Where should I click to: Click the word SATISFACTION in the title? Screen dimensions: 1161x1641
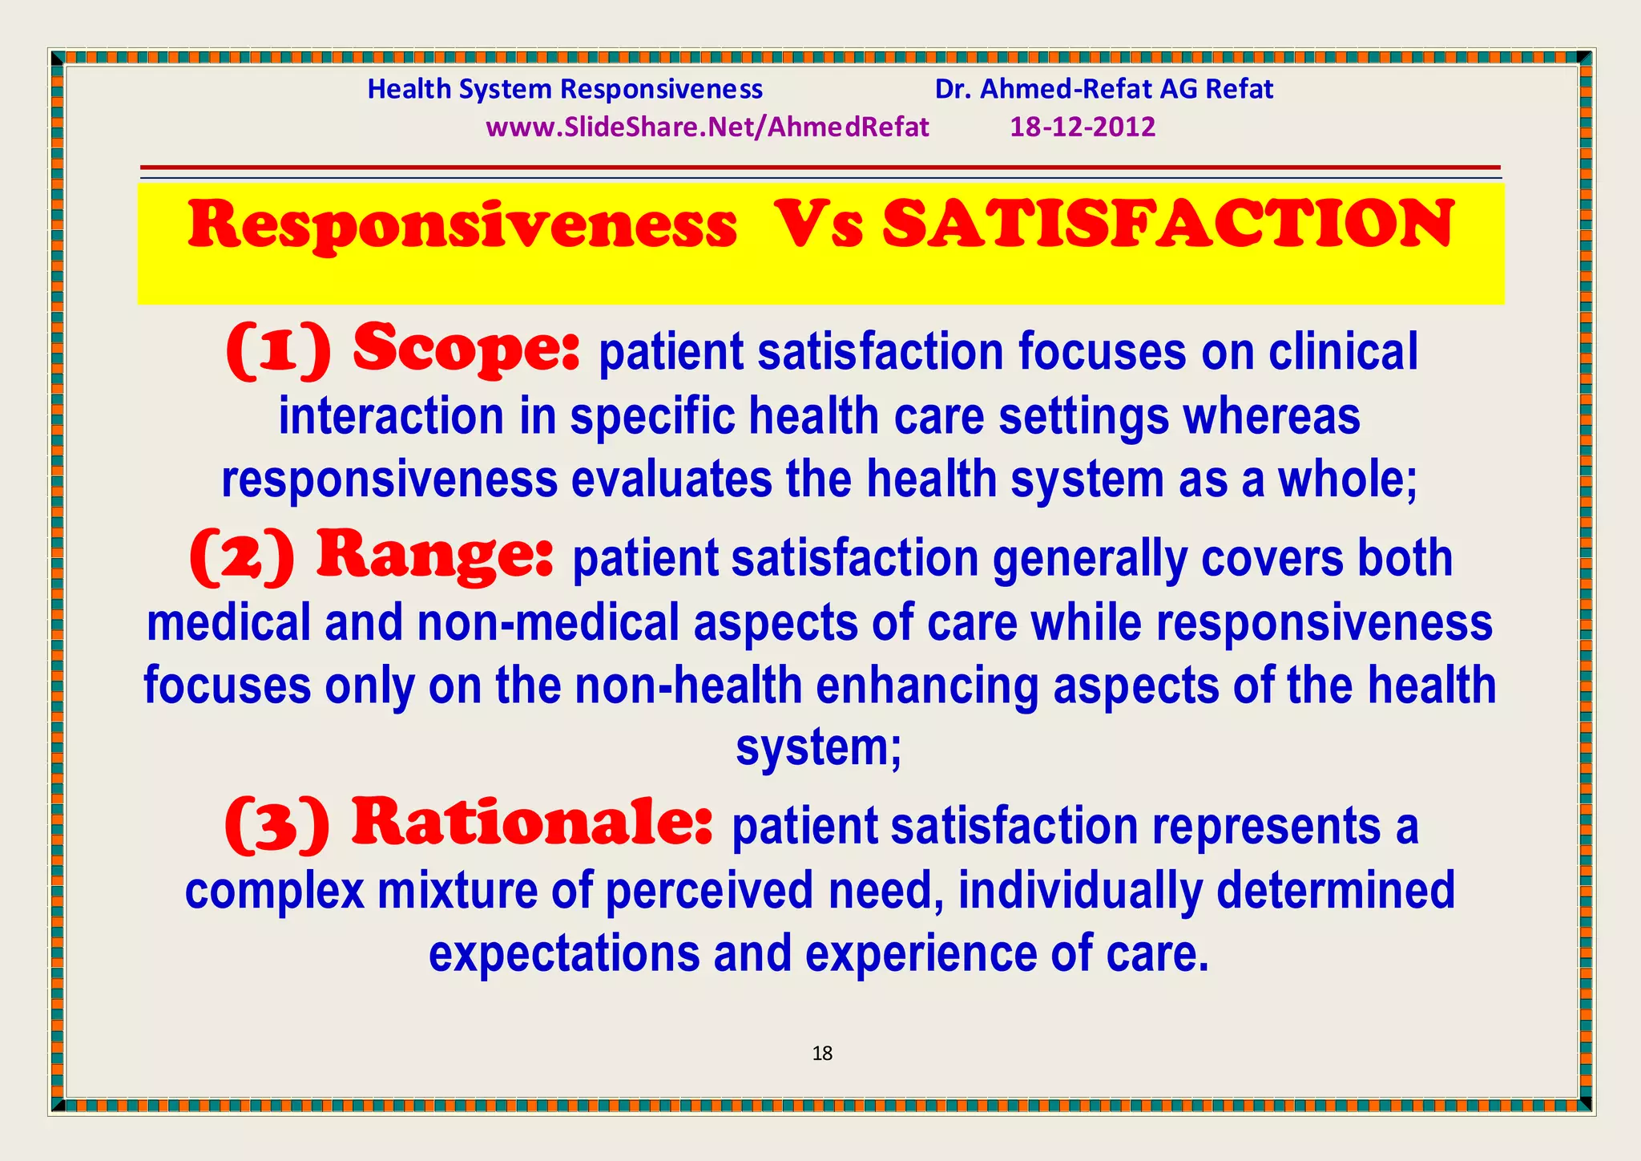pyautogui.click(x=1167, y=225)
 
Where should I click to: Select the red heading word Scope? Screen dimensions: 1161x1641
pyautogui.click(x=466, y=350)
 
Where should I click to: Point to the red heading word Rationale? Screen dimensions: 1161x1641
pyautogui.click(x=532, y=823)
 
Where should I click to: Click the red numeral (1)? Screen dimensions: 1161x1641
pyautogui.click(x=278, y=351)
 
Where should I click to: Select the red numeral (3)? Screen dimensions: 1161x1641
pyautogui.click(x=276, y=825)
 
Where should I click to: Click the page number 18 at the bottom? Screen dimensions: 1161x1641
pyautogui.click(x=822, y=1054)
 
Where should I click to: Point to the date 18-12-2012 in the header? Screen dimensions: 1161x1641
pyautogui.click(x=1082, y=127)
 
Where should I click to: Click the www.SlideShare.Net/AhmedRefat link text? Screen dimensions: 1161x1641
pyautogui.click(x=707, y=127)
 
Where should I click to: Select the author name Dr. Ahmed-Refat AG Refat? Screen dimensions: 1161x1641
pyautogui.click(x=1103, y=89)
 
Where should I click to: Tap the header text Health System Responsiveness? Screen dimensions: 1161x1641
pyautogui.click(x=565, y=89)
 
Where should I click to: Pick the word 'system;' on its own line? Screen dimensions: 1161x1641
pyautogui.click(x=818, y=747)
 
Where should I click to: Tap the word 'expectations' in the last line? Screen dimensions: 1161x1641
pyautogui.click(x=564, y=953)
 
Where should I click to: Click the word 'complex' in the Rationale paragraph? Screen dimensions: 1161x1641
pyautogui.click(x=274, y=891)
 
